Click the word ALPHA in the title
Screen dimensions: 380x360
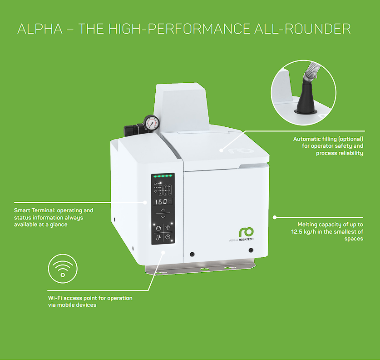point(40,29)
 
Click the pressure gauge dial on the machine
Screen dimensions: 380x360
point(152,123)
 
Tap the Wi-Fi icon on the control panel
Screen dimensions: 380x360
point(168,228)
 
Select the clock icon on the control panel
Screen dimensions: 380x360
point(168,237)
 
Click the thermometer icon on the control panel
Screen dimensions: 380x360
point(158,238)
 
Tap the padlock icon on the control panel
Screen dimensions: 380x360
point(155,183)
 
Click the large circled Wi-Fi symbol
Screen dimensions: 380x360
point(63,269)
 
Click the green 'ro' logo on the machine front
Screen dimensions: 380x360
point(246,232)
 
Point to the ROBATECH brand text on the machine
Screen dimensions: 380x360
point(246,240)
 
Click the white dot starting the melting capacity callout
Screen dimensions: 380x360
point(275,217)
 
